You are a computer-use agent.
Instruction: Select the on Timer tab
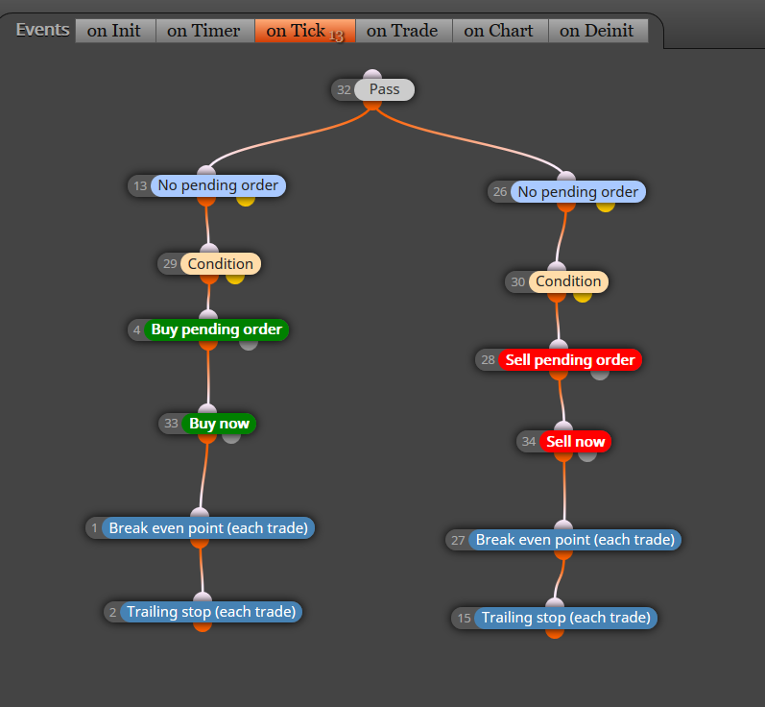(x=204, y=31)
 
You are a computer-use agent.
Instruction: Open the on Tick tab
(x=305, y=31)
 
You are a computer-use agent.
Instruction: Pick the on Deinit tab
(x=598, y=31)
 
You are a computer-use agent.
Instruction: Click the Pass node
(x=373, y=90)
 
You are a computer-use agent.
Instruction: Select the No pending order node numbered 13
(x=207, y=186)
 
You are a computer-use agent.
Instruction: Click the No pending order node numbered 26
(x=566, y=192)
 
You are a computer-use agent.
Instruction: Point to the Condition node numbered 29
(x=209, y=263)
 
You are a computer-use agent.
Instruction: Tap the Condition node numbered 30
(x=557, y=281)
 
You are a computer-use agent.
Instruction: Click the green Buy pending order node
(x=208, y=329)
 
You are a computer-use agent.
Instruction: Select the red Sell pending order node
(x=559, y=360)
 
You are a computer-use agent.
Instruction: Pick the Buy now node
(x=207, y=424)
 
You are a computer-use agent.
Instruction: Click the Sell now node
(x=563, y=441)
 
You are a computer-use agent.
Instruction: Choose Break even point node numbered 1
(x=200, y=528)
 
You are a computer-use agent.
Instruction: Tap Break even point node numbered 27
(x=563, y=540)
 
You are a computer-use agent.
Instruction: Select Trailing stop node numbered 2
(x=203, y=612)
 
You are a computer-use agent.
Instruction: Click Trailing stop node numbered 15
(x=555, y=618)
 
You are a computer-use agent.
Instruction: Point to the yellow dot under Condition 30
(x=583, y=297)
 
